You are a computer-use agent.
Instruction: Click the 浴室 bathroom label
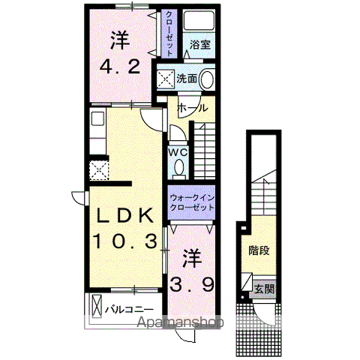[199, 45]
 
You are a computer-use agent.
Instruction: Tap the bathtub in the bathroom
[199, 21]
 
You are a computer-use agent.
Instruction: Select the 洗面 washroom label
[187, 79]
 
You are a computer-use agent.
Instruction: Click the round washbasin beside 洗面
[207, 79]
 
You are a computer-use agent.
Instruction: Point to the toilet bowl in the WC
[178, 168]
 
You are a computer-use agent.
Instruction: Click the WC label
[178, 152]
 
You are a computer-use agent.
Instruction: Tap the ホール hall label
[192, 108]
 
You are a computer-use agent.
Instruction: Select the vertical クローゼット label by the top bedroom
[169, 34]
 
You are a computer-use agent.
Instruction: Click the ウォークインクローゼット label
[192, 202]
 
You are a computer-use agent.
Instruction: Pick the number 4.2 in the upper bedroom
[120, 67]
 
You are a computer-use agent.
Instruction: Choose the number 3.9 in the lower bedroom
[192, 285]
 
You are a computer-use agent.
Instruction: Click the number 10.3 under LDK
[125, 241]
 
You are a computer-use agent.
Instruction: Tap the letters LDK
[124, 215]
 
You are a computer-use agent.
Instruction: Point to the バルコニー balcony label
[129, 310]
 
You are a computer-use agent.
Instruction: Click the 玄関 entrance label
[264, 289]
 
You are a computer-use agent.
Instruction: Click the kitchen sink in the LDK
[97, 118]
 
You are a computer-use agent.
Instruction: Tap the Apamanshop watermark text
[180, 322]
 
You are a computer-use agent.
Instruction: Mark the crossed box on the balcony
[97, 306]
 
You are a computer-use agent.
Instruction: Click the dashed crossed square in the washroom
[165, 79]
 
